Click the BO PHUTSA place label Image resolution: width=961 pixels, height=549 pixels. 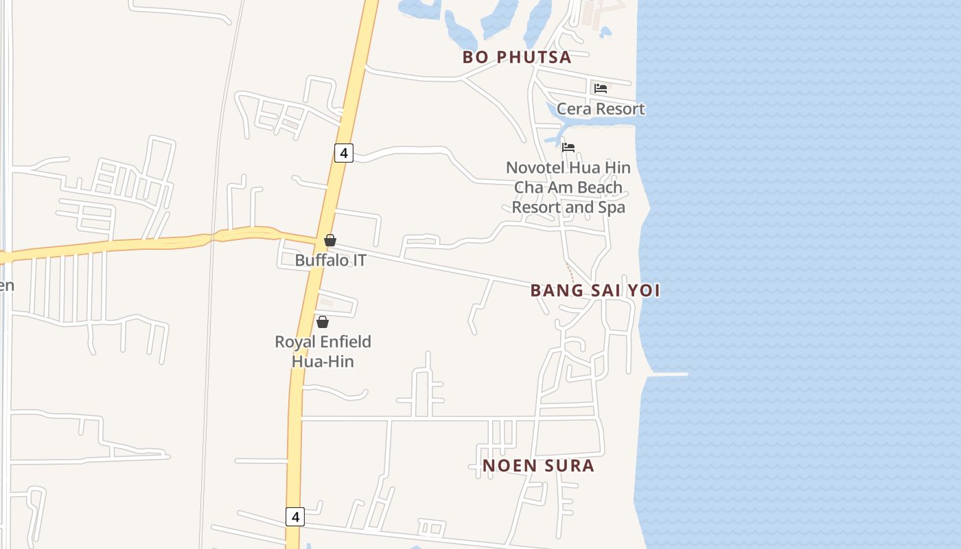pyautogui.click(x=517, y=57)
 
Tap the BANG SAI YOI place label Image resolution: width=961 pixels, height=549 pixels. pyautogui.click(x=595, y=290)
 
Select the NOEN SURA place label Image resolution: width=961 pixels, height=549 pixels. pyautogui.click(x=538, y=465)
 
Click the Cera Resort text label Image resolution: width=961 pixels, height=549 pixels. pyautogui.click(x=601, y=108)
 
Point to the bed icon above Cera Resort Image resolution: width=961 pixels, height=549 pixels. pyautogui.click(x=601, y=89)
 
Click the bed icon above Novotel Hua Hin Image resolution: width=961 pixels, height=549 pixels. pyautogui.click(x=568, y=148)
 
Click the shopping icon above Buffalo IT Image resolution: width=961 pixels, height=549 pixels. pyautogui.click(x=330, y=240)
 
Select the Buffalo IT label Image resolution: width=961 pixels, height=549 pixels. pyautogui.click(x=330, y=260)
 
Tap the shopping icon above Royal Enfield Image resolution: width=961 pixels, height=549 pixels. pyautogui.click(x=323, y=322)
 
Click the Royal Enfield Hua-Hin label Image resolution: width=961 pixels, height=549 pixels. pyautogui.click(x=323, y=351)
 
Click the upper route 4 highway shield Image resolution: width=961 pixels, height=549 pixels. pyautogui.click(x=344, y=153)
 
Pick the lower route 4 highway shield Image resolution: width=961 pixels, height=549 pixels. pyautogui.click(x=295, y=517)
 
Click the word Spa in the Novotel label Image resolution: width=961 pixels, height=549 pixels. pyautogui.click(x=612, y=207)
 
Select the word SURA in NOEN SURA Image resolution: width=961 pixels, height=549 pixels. pyautogui.click(x=568, y=465)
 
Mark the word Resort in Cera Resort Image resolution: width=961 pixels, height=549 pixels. pyautogui.click(x=619, y=108)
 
